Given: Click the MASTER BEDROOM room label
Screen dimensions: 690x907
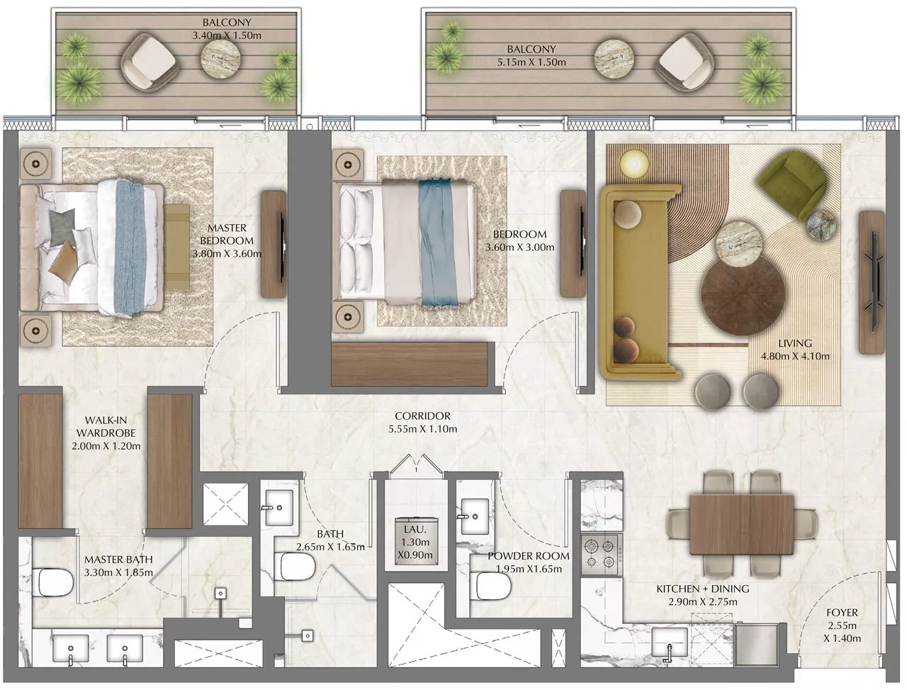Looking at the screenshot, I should pyautogui.click(x=227, y=240).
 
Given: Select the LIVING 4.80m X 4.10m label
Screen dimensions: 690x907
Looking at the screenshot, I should pyautogui.click(x=794, y=350).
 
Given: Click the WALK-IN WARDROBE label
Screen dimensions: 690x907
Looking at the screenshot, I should pyautogui.click(x=106, y=433).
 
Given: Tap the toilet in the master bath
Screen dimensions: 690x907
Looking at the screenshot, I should pyautogui.click(x=55, y=582).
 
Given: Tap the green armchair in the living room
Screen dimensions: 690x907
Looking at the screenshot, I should pyautogui.click(x=791, y=185).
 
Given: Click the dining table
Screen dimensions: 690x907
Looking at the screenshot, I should pyautogui.click(x=741, y=522).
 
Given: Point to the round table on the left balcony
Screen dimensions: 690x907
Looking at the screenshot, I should pyautogui.click(x=221, y=59).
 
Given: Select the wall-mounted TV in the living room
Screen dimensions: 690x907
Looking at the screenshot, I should pyautogui.click(x=873, y=282).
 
